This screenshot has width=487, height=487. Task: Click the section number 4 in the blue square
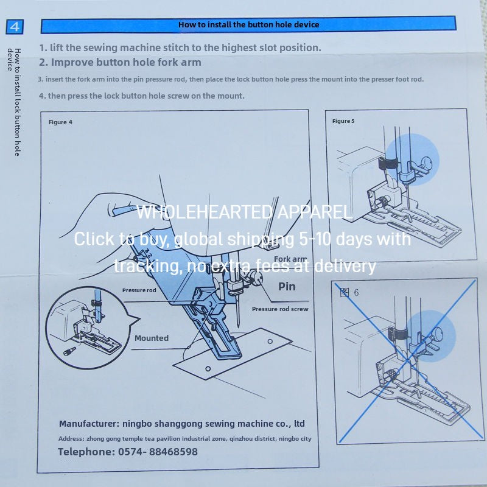15,27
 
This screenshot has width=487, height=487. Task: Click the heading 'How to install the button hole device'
248,24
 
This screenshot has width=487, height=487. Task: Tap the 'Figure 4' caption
60,122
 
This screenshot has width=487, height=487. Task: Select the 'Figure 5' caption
343,121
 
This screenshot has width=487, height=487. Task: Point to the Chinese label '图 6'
349,292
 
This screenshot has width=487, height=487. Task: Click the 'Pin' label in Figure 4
287,286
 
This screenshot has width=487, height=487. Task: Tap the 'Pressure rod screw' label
280,309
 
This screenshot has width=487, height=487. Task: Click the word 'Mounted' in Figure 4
152,338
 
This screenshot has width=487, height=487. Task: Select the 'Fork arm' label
290,259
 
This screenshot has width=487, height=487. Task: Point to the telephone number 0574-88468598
158,452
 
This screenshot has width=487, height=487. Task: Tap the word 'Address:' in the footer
71,438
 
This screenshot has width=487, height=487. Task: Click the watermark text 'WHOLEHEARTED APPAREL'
244,212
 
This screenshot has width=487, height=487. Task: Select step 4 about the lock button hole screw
142,96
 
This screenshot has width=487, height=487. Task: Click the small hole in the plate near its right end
270,342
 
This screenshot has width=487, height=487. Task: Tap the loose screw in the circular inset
69,352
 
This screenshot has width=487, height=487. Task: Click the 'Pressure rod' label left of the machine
139,290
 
